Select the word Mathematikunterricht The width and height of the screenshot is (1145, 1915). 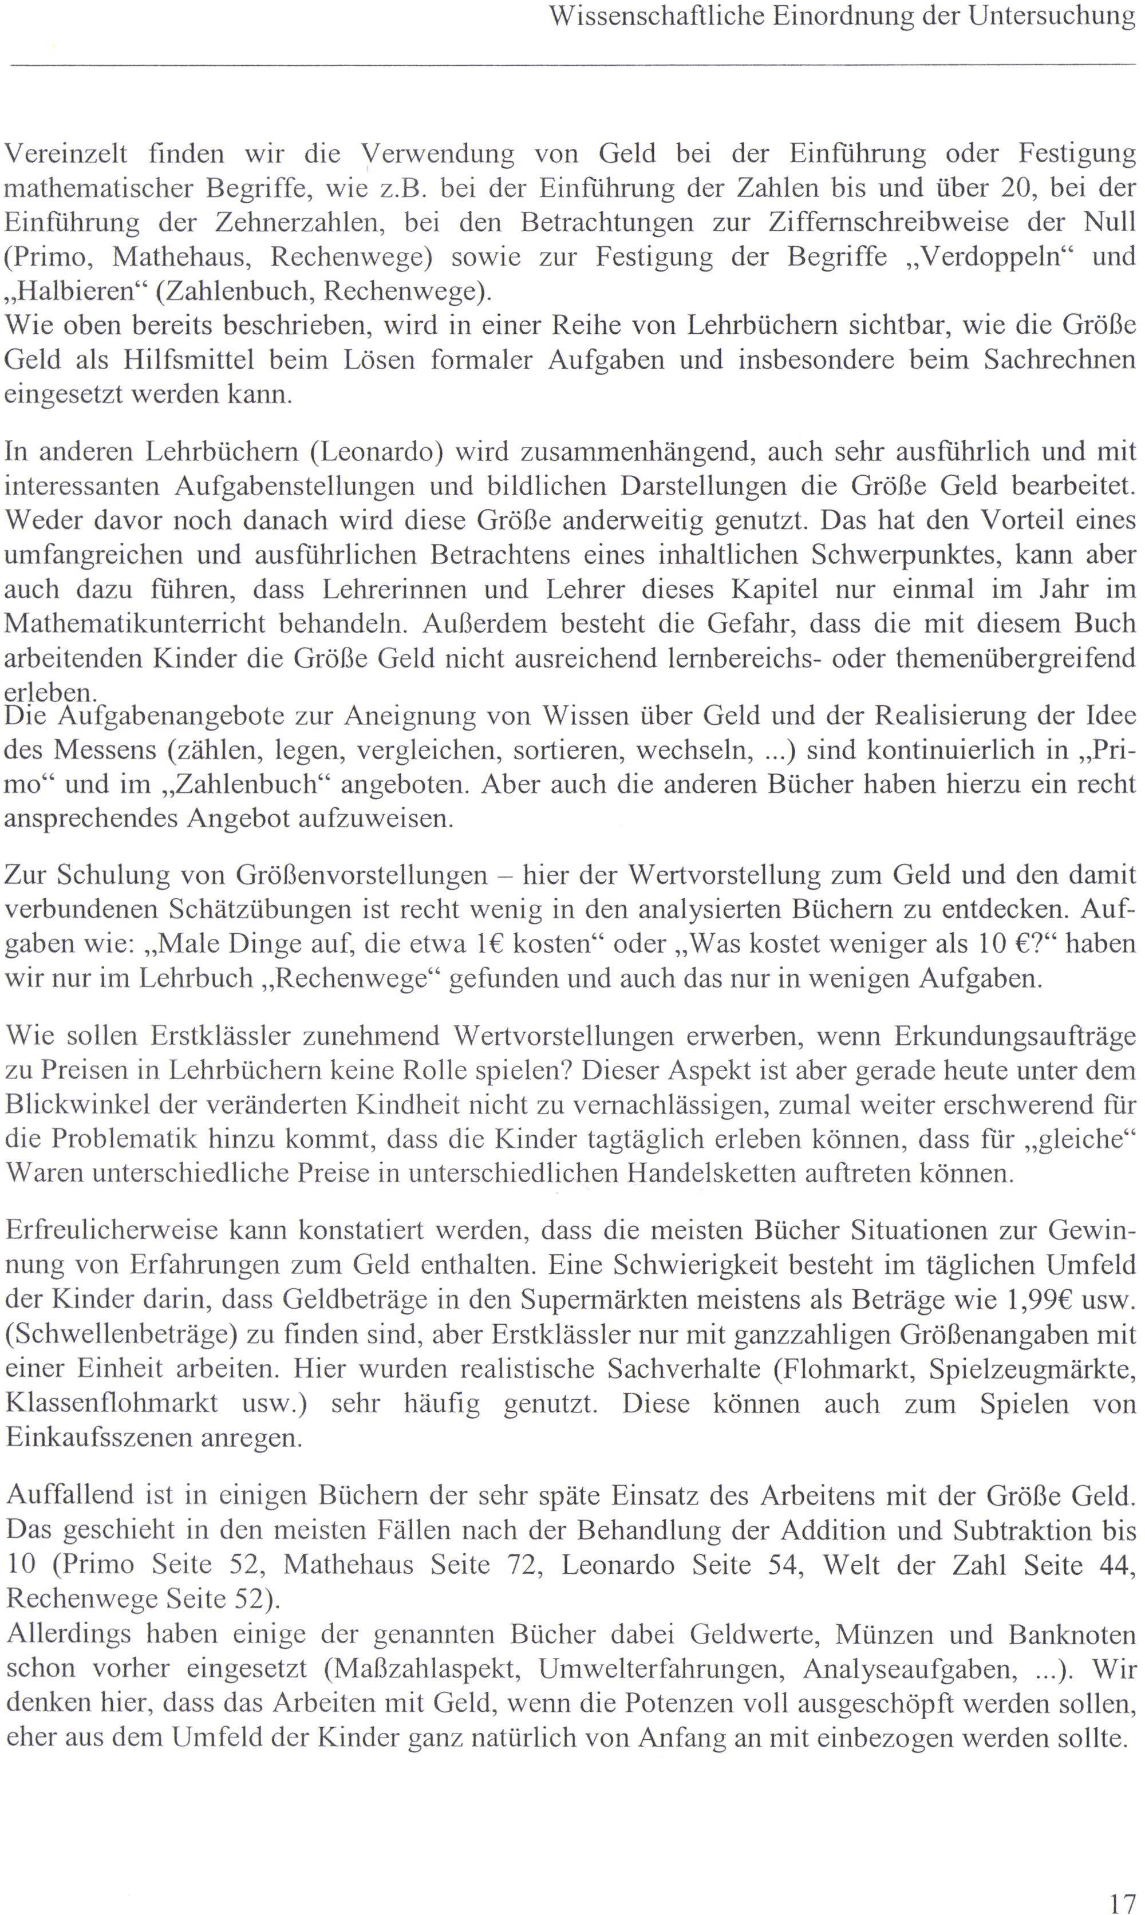(x=135, y=623)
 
